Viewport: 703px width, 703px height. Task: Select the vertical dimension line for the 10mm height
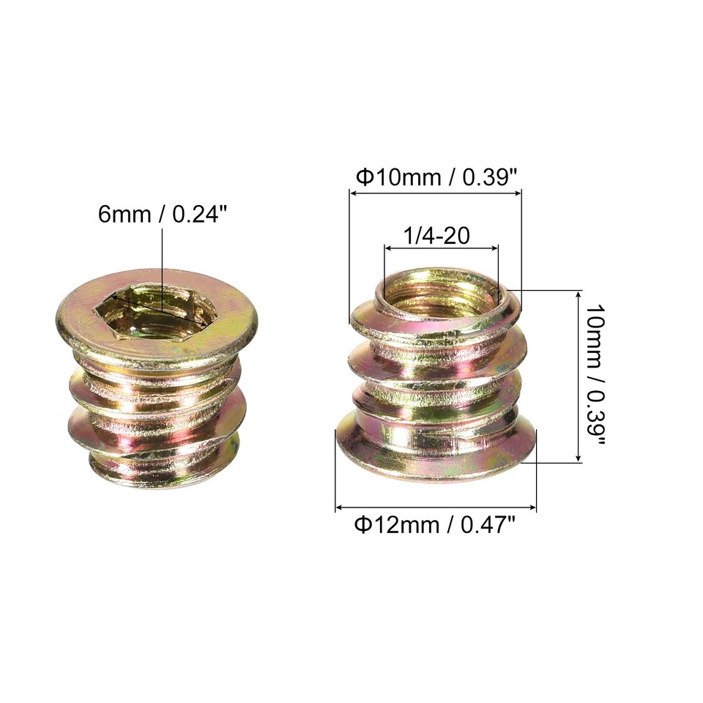(579, 376)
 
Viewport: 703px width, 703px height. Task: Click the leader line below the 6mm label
(161, 256)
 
